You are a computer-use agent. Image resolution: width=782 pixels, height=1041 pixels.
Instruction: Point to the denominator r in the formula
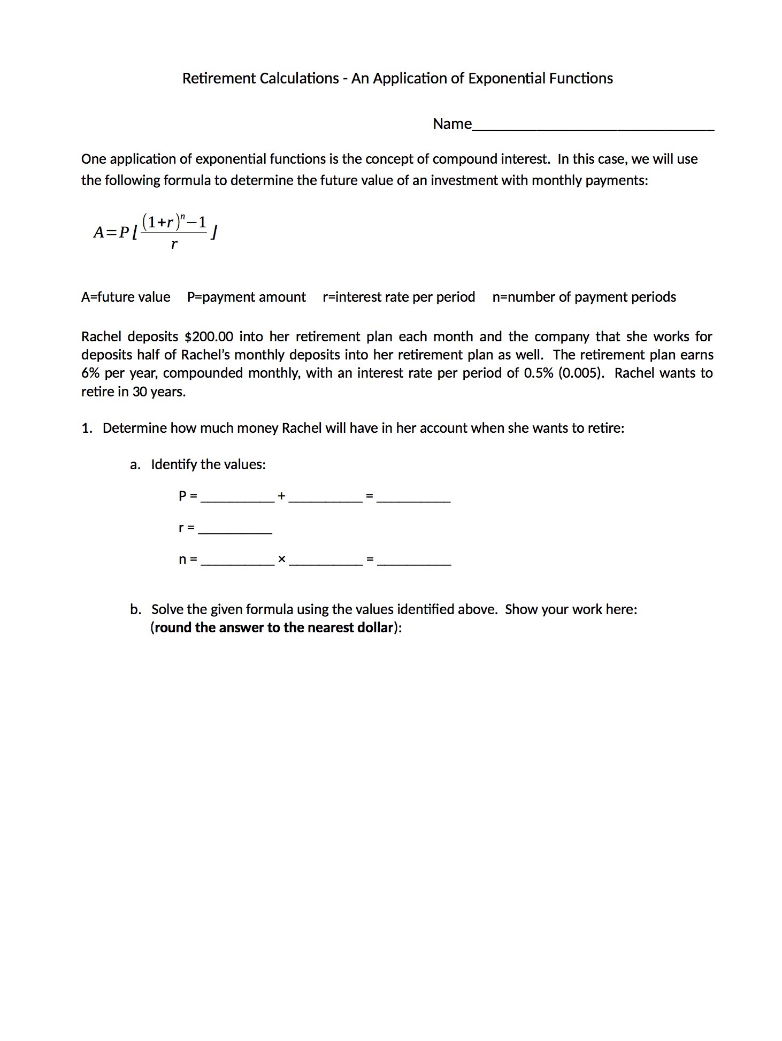[x=174, y=246]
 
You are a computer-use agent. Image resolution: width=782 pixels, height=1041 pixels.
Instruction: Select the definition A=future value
[x=126, y=297]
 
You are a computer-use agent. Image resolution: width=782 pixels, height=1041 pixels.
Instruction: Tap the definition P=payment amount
[x=246, y=297]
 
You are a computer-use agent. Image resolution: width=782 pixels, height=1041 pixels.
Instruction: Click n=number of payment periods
[x=584, y=297]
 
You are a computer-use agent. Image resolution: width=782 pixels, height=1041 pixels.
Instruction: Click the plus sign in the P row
[x=281, y=496]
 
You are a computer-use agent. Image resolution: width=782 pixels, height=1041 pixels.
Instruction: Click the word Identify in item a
[x=174, y=464]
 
